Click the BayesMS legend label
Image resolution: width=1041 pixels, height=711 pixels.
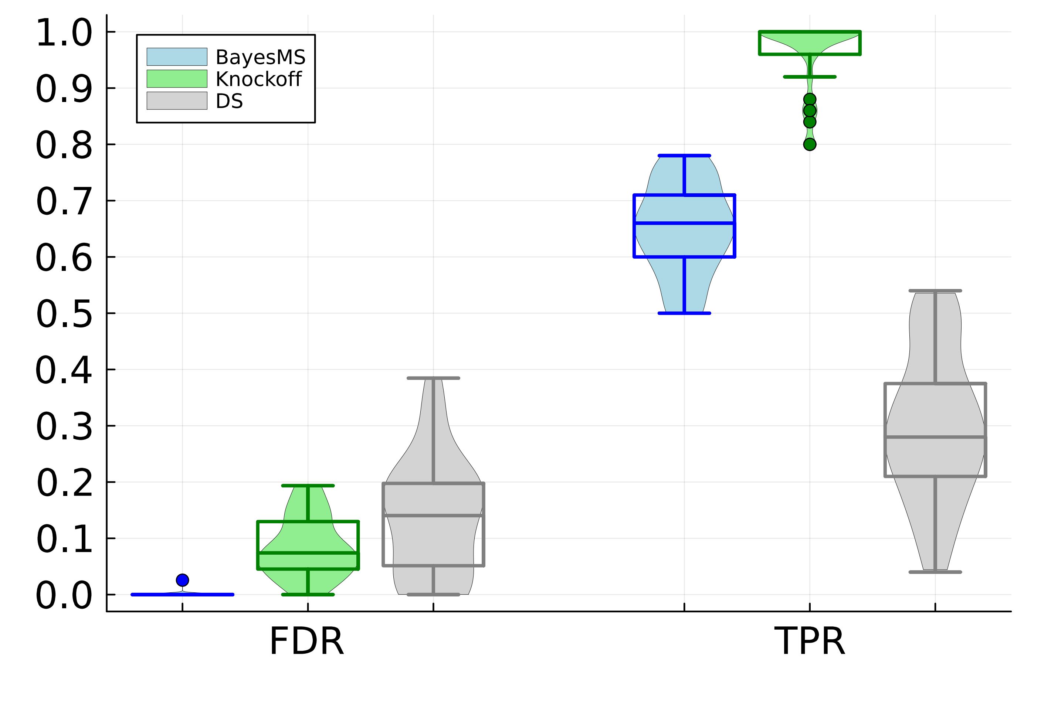[260, 57]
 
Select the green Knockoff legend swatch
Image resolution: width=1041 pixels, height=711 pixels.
[177, 79]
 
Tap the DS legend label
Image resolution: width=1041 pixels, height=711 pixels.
[229, 101]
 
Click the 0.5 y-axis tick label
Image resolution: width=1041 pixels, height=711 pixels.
[64, 314]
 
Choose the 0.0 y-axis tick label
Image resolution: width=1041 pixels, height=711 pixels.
[64, 595]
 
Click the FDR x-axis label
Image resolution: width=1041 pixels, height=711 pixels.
[306, 642]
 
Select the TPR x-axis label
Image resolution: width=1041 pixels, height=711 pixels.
[810, 642]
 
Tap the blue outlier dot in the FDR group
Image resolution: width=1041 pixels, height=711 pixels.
[182, 580]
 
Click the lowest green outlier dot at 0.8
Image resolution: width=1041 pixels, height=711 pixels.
[810, 144]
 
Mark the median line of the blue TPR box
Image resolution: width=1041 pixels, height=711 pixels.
[684, 223]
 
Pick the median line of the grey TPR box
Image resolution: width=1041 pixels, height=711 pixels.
[935, 437]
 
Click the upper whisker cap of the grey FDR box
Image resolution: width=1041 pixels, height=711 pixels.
[433, 378]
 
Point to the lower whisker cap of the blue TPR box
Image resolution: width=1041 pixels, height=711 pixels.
[684, 313]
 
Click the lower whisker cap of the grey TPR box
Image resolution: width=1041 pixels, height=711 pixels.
[935, 572]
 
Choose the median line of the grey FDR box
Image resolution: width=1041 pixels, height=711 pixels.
[433, 516]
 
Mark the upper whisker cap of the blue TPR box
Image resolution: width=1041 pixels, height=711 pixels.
[684, 156]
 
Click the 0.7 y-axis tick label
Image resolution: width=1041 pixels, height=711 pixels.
[64, 202]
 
